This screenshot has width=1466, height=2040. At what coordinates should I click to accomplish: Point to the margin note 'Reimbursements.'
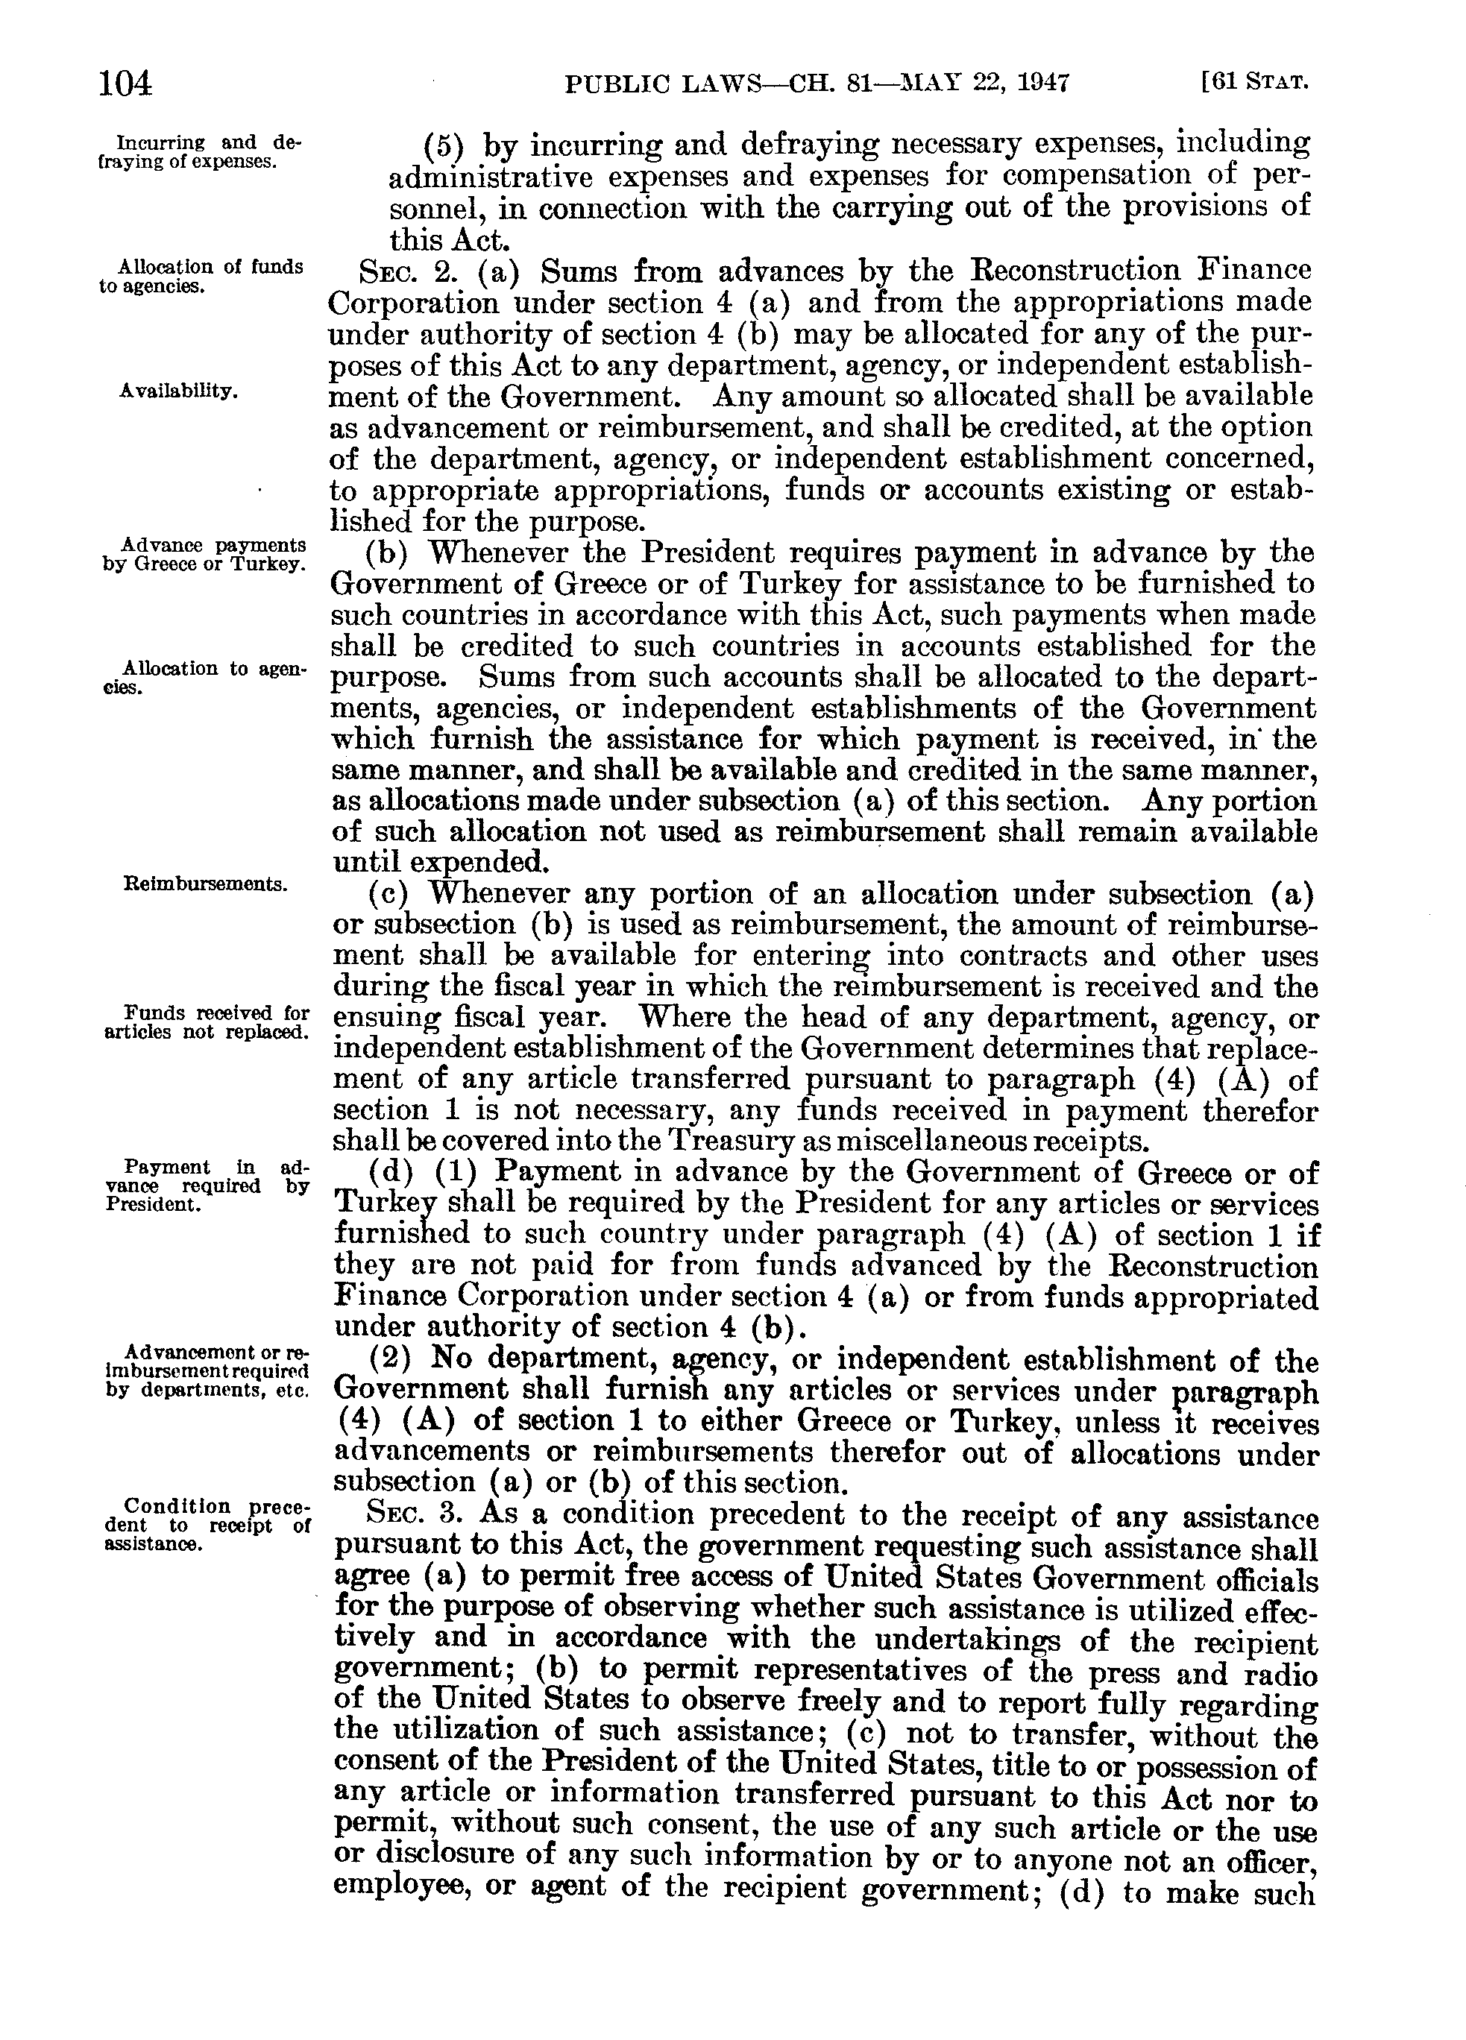point(205,884)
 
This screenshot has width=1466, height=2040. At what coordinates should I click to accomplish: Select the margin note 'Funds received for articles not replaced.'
point(207,1021)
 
